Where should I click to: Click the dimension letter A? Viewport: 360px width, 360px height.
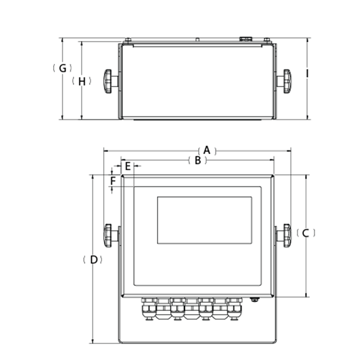[207, 150]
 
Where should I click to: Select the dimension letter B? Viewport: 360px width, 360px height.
[197, 161]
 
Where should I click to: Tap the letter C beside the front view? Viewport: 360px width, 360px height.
[305, 233]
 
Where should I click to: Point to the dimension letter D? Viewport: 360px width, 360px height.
[93, 260]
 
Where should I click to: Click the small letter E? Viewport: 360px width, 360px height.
[127, 165]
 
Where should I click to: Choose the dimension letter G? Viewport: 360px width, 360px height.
[62, 68]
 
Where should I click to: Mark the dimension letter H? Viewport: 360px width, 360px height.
[82, 81]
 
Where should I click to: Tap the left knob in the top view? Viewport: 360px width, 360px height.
[108, 81]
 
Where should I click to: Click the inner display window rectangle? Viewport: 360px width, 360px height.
[204, 220]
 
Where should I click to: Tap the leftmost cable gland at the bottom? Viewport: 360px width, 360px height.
[147, 309]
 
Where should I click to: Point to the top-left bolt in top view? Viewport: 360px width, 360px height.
[127, 40]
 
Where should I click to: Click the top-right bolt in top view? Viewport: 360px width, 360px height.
[267, 40]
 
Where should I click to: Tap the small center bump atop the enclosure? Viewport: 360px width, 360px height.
[197, 40]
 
